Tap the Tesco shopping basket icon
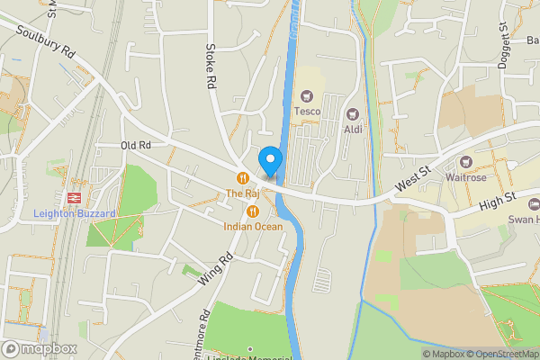pyautogui.click(x=308, y=95)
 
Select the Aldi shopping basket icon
pyautogui.click(x=352, y=114)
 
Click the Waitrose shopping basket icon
pyautogui.click(x=465, y=162)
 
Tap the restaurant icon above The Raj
pyautogui.click(x=242, y=177)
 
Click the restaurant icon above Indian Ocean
pyautogui.click(x=253, y=211)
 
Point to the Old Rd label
pyautogui.click(x=136, y=145)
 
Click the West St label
pyautogui.click(x=414, y=182)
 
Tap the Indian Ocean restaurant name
pyautogui.click(x=253, y=227)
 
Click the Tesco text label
pyautogui.click(x=308, y=111)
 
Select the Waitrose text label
pyautogui.click(x=465, y=177)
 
